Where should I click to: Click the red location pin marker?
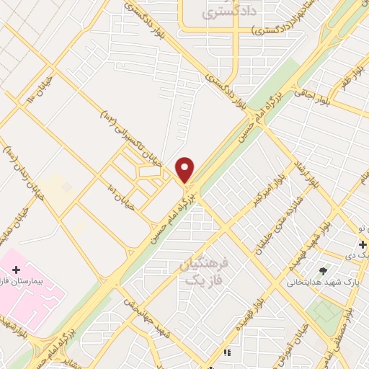pos(185,169)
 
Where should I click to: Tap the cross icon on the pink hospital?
pos(16,269)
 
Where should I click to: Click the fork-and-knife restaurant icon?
pos(228,353)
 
